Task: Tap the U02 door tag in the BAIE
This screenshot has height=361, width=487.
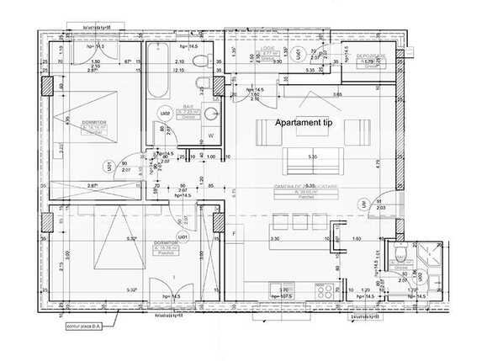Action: click(x=166, y=113)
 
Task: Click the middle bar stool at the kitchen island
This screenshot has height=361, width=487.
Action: click(x=299, y=225)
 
